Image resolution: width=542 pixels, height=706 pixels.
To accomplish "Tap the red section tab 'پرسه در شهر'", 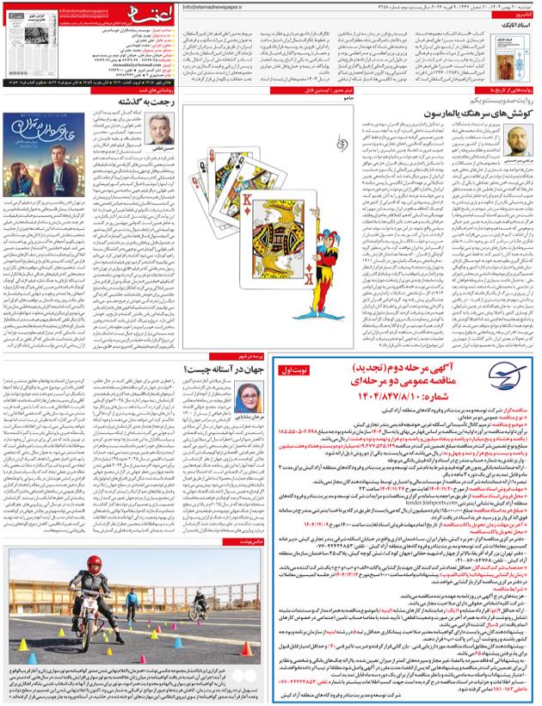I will click(251, 355).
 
